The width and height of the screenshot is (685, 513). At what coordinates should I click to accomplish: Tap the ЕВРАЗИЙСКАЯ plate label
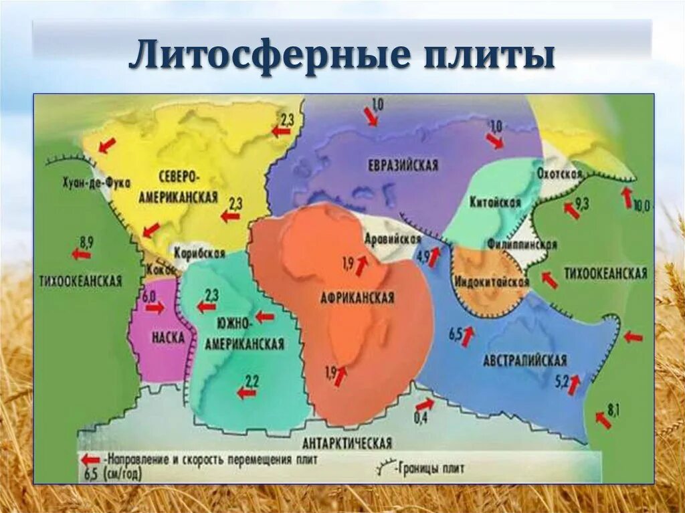(403, 165)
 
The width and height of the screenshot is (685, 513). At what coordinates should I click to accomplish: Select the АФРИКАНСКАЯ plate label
(357, 298)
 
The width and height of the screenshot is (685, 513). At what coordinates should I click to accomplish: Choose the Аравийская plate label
(393, 239)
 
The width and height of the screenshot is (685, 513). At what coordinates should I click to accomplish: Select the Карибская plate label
(199, 253)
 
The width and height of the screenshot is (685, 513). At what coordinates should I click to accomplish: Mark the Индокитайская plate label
(492, 282)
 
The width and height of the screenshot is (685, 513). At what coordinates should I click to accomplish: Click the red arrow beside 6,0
(155, 308)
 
